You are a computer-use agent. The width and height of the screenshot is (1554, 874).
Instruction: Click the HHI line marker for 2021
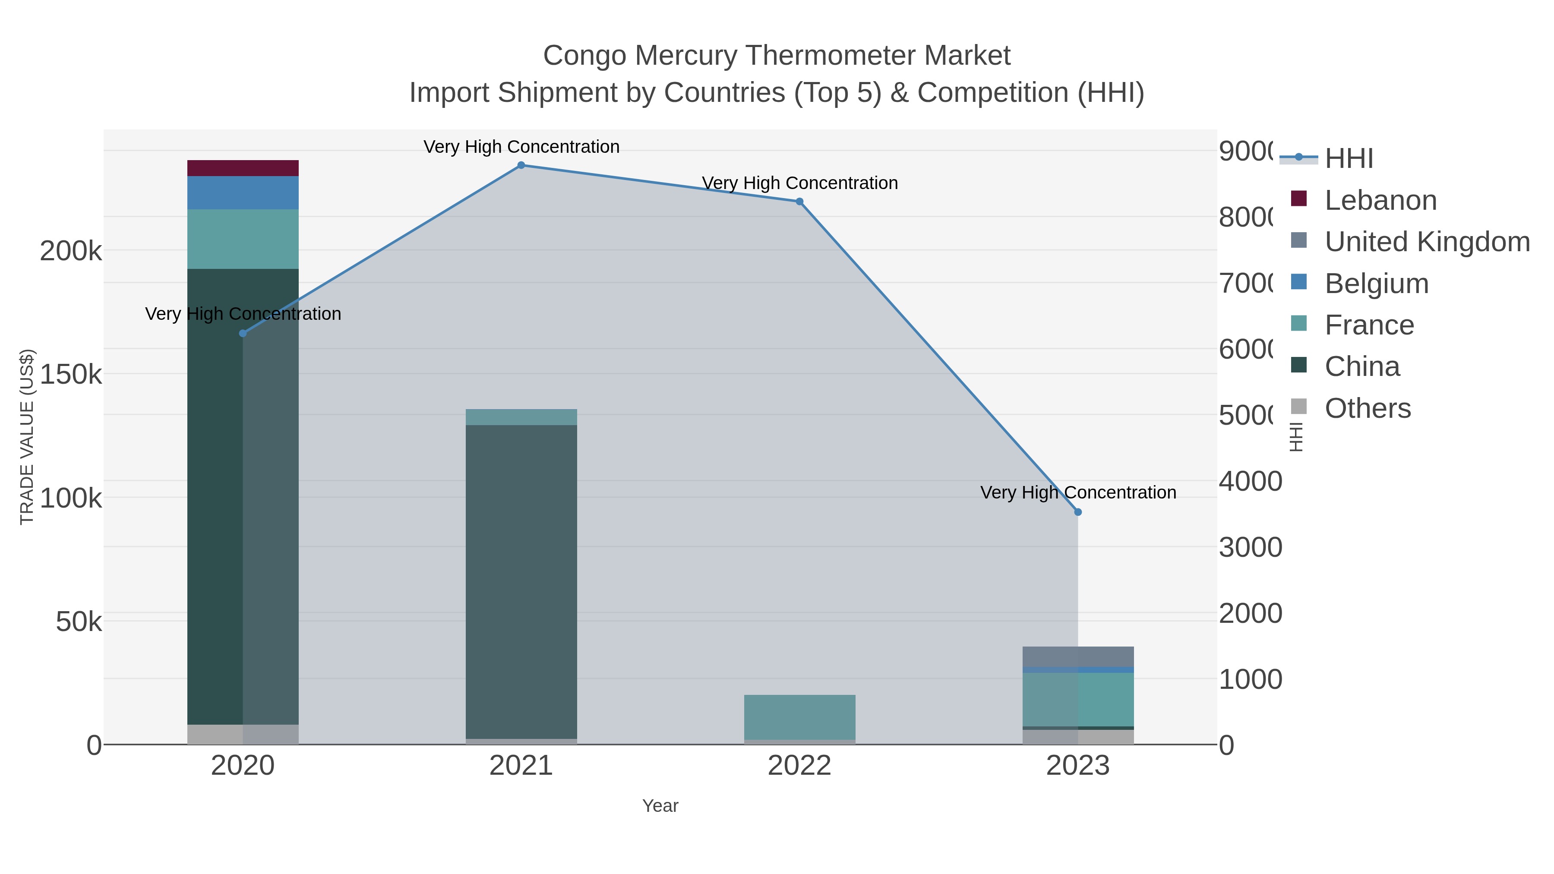pos(521,165)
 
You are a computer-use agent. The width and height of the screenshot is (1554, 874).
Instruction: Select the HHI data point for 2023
pos(1078,512)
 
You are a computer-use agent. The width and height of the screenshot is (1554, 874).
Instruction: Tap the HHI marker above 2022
pos(799,202)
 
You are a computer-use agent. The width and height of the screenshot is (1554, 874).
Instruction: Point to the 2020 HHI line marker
pos(243,334)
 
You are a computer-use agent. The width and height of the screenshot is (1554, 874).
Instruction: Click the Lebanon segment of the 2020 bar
pos(243,168)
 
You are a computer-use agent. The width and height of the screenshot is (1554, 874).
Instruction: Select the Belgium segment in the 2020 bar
pos(243,193)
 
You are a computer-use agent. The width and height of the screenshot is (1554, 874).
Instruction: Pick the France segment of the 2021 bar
pos(521,417)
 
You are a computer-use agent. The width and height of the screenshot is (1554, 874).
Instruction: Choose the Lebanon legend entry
pos(1380,200)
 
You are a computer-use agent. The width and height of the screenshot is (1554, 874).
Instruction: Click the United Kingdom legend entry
pos(1427,242)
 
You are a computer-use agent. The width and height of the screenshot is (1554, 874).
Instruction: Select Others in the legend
pos(1368,408)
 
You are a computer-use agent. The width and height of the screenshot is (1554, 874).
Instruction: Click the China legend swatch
pos(1299,366)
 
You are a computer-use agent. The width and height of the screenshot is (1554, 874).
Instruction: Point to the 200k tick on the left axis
pos(71,251)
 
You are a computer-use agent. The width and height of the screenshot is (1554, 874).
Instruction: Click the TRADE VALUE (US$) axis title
pos(27,437)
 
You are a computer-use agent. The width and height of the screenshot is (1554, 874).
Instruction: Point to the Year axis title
pos(660,806)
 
